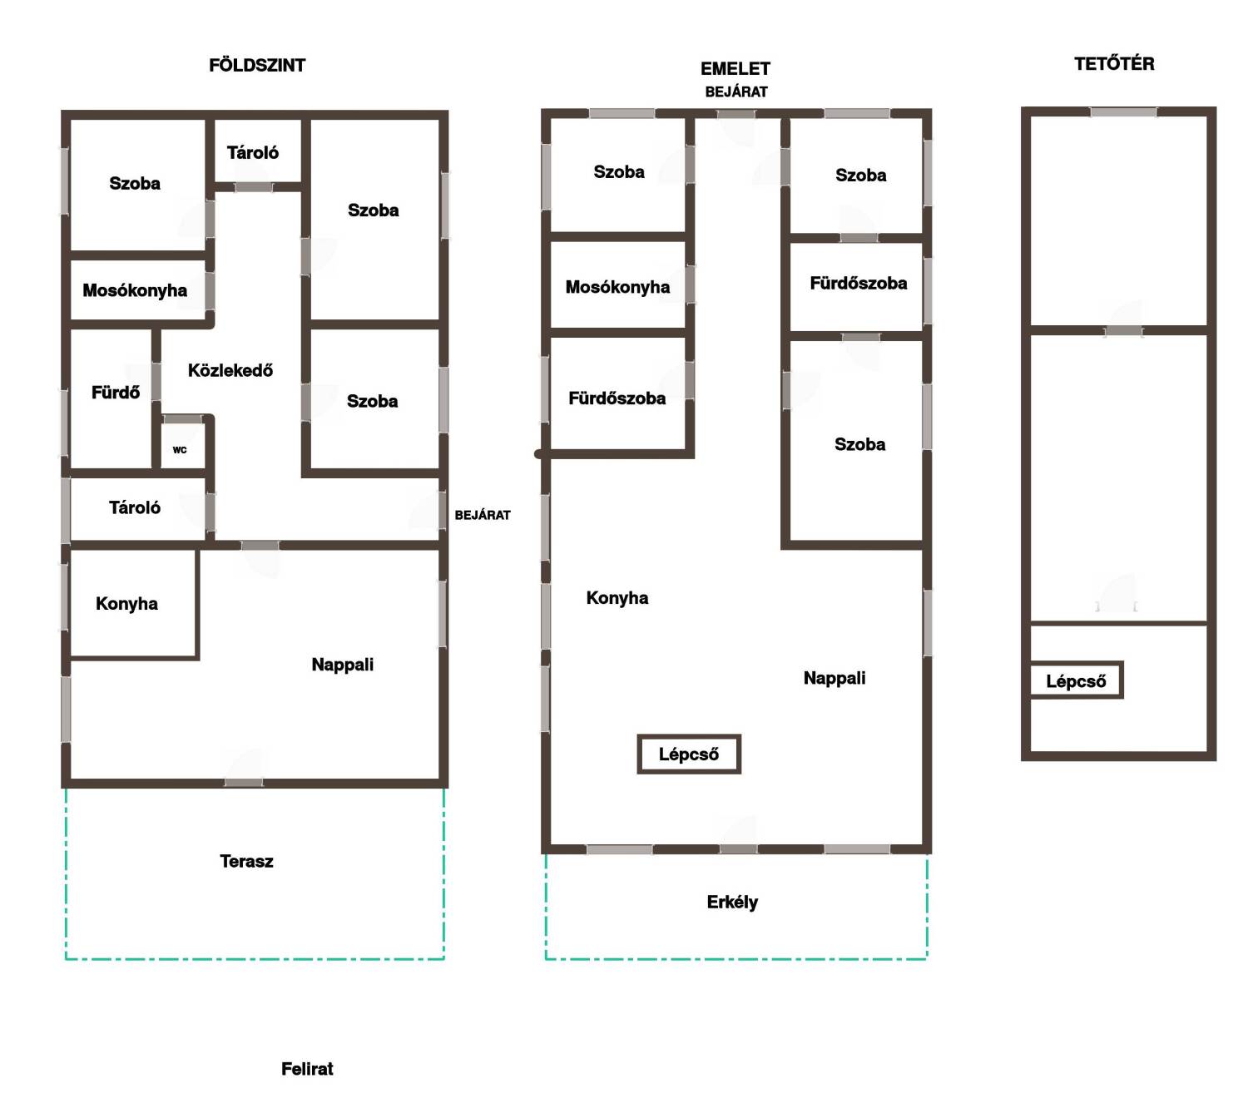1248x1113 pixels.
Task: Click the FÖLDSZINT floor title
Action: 257,65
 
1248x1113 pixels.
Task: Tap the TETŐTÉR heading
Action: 1114,63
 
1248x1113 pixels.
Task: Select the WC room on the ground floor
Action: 179,450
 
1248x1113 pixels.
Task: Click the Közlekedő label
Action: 230,370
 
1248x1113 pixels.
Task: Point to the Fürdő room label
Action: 115,393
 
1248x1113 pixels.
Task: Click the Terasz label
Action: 246,861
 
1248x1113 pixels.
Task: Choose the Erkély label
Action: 732,903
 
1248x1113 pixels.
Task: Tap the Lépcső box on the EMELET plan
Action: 688,754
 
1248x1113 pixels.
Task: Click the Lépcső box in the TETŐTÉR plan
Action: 1076,680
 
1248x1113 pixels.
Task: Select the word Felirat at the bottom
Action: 307,1069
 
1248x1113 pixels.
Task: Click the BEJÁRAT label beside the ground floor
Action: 483,515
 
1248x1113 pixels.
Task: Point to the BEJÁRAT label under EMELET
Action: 736,92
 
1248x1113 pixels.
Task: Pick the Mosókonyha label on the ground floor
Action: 135,290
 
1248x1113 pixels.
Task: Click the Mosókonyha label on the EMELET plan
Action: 617,287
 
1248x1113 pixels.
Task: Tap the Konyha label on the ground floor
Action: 126,604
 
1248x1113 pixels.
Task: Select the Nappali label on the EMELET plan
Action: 834,678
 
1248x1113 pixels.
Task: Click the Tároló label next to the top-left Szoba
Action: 253,153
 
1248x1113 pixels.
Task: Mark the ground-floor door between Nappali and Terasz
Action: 243,782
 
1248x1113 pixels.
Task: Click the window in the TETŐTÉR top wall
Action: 1123,112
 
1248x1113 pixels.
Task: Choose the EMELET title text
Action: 735,68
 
